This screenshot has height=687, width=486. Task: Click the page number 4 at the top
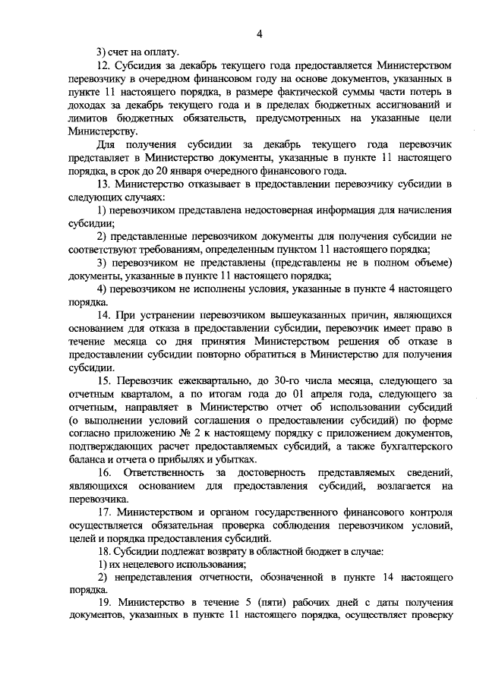point(259,34)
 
